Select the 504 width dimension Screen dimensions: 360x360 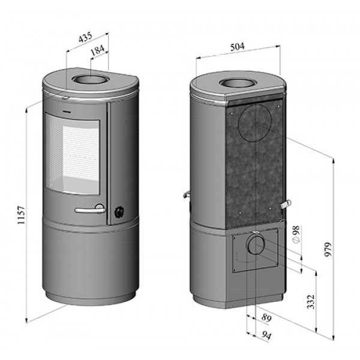(238, 46)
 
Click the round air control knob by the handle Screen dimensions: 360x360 (119, 211)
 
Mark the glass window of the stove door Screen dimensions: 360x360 (73, 157)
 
